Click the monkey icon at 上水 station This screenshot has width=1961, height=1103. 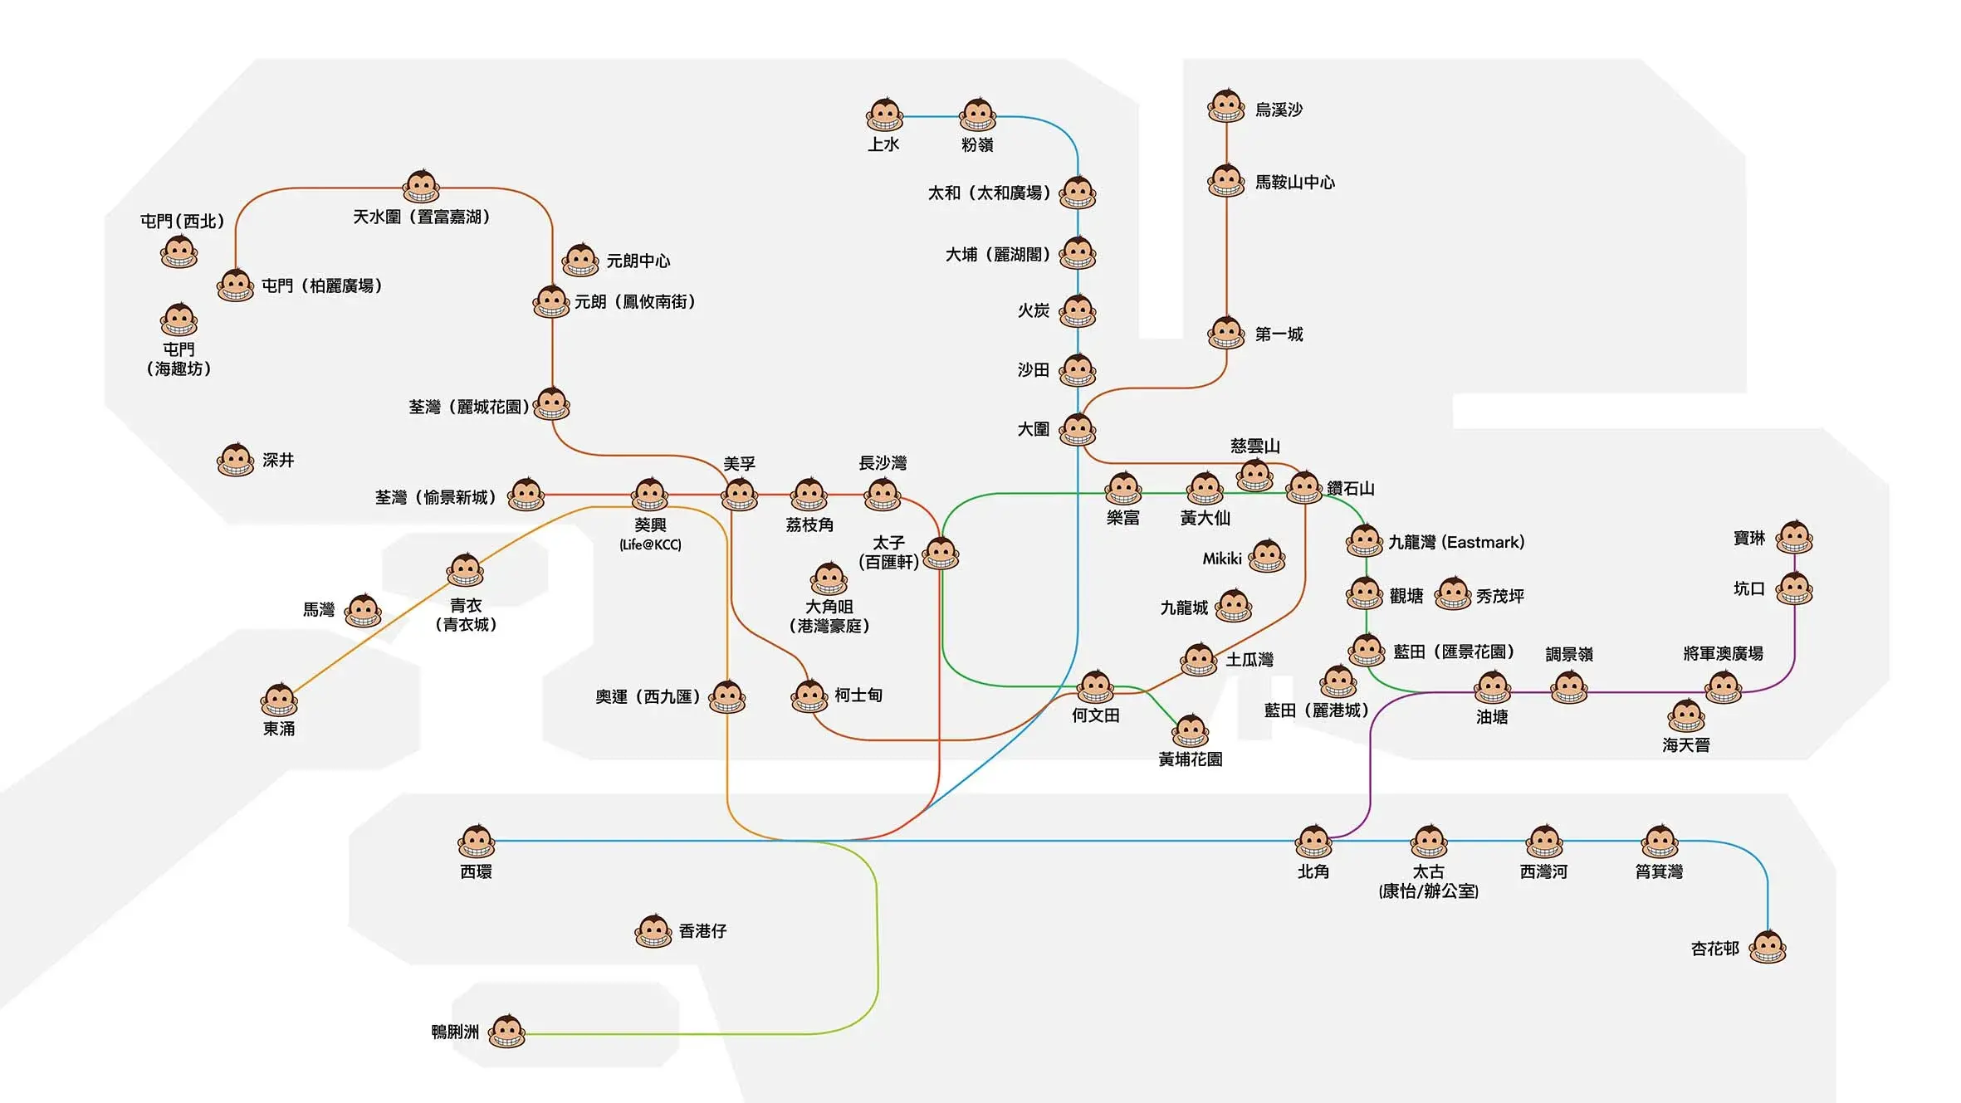884,115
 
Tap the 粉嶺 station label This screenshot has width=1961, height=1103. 977,144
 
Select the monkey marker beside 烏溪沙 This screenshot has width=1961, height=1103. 1226,106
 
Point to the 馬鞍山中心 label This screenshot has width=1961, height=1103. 1294,183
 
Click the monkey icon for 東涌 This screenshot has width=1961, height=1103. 279,700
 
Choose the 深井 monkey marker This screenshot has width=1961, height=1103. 236,460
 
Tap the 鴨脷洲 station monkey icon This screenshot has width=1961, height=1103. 506,1032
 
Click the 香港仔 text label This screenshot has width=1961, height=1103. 702,931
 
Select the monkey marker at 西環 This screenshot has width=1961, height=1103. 477,842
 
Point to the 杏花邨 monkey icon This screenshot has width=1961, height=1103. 1768,948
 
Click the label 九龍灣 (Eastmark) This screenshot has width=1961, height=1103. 1456,543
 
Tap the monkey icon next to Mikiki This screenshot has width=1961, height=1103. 1267,557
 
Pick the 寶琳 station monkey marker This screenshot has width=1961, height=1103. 1794,538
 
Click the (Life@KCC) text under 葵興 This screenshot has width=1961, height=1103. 650,545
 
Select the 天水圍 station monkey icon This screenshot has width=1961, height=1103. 421,187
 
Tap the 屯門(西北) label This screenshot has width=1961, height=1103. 182,222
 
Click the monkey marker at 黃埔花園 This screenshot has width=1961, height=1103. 1191,731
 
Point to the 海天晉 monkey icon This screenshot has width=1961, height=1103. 1686,716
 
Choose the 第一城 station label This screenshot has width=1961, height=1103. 1279,334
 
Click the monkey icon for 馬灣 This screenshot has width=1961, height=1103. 363,611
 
